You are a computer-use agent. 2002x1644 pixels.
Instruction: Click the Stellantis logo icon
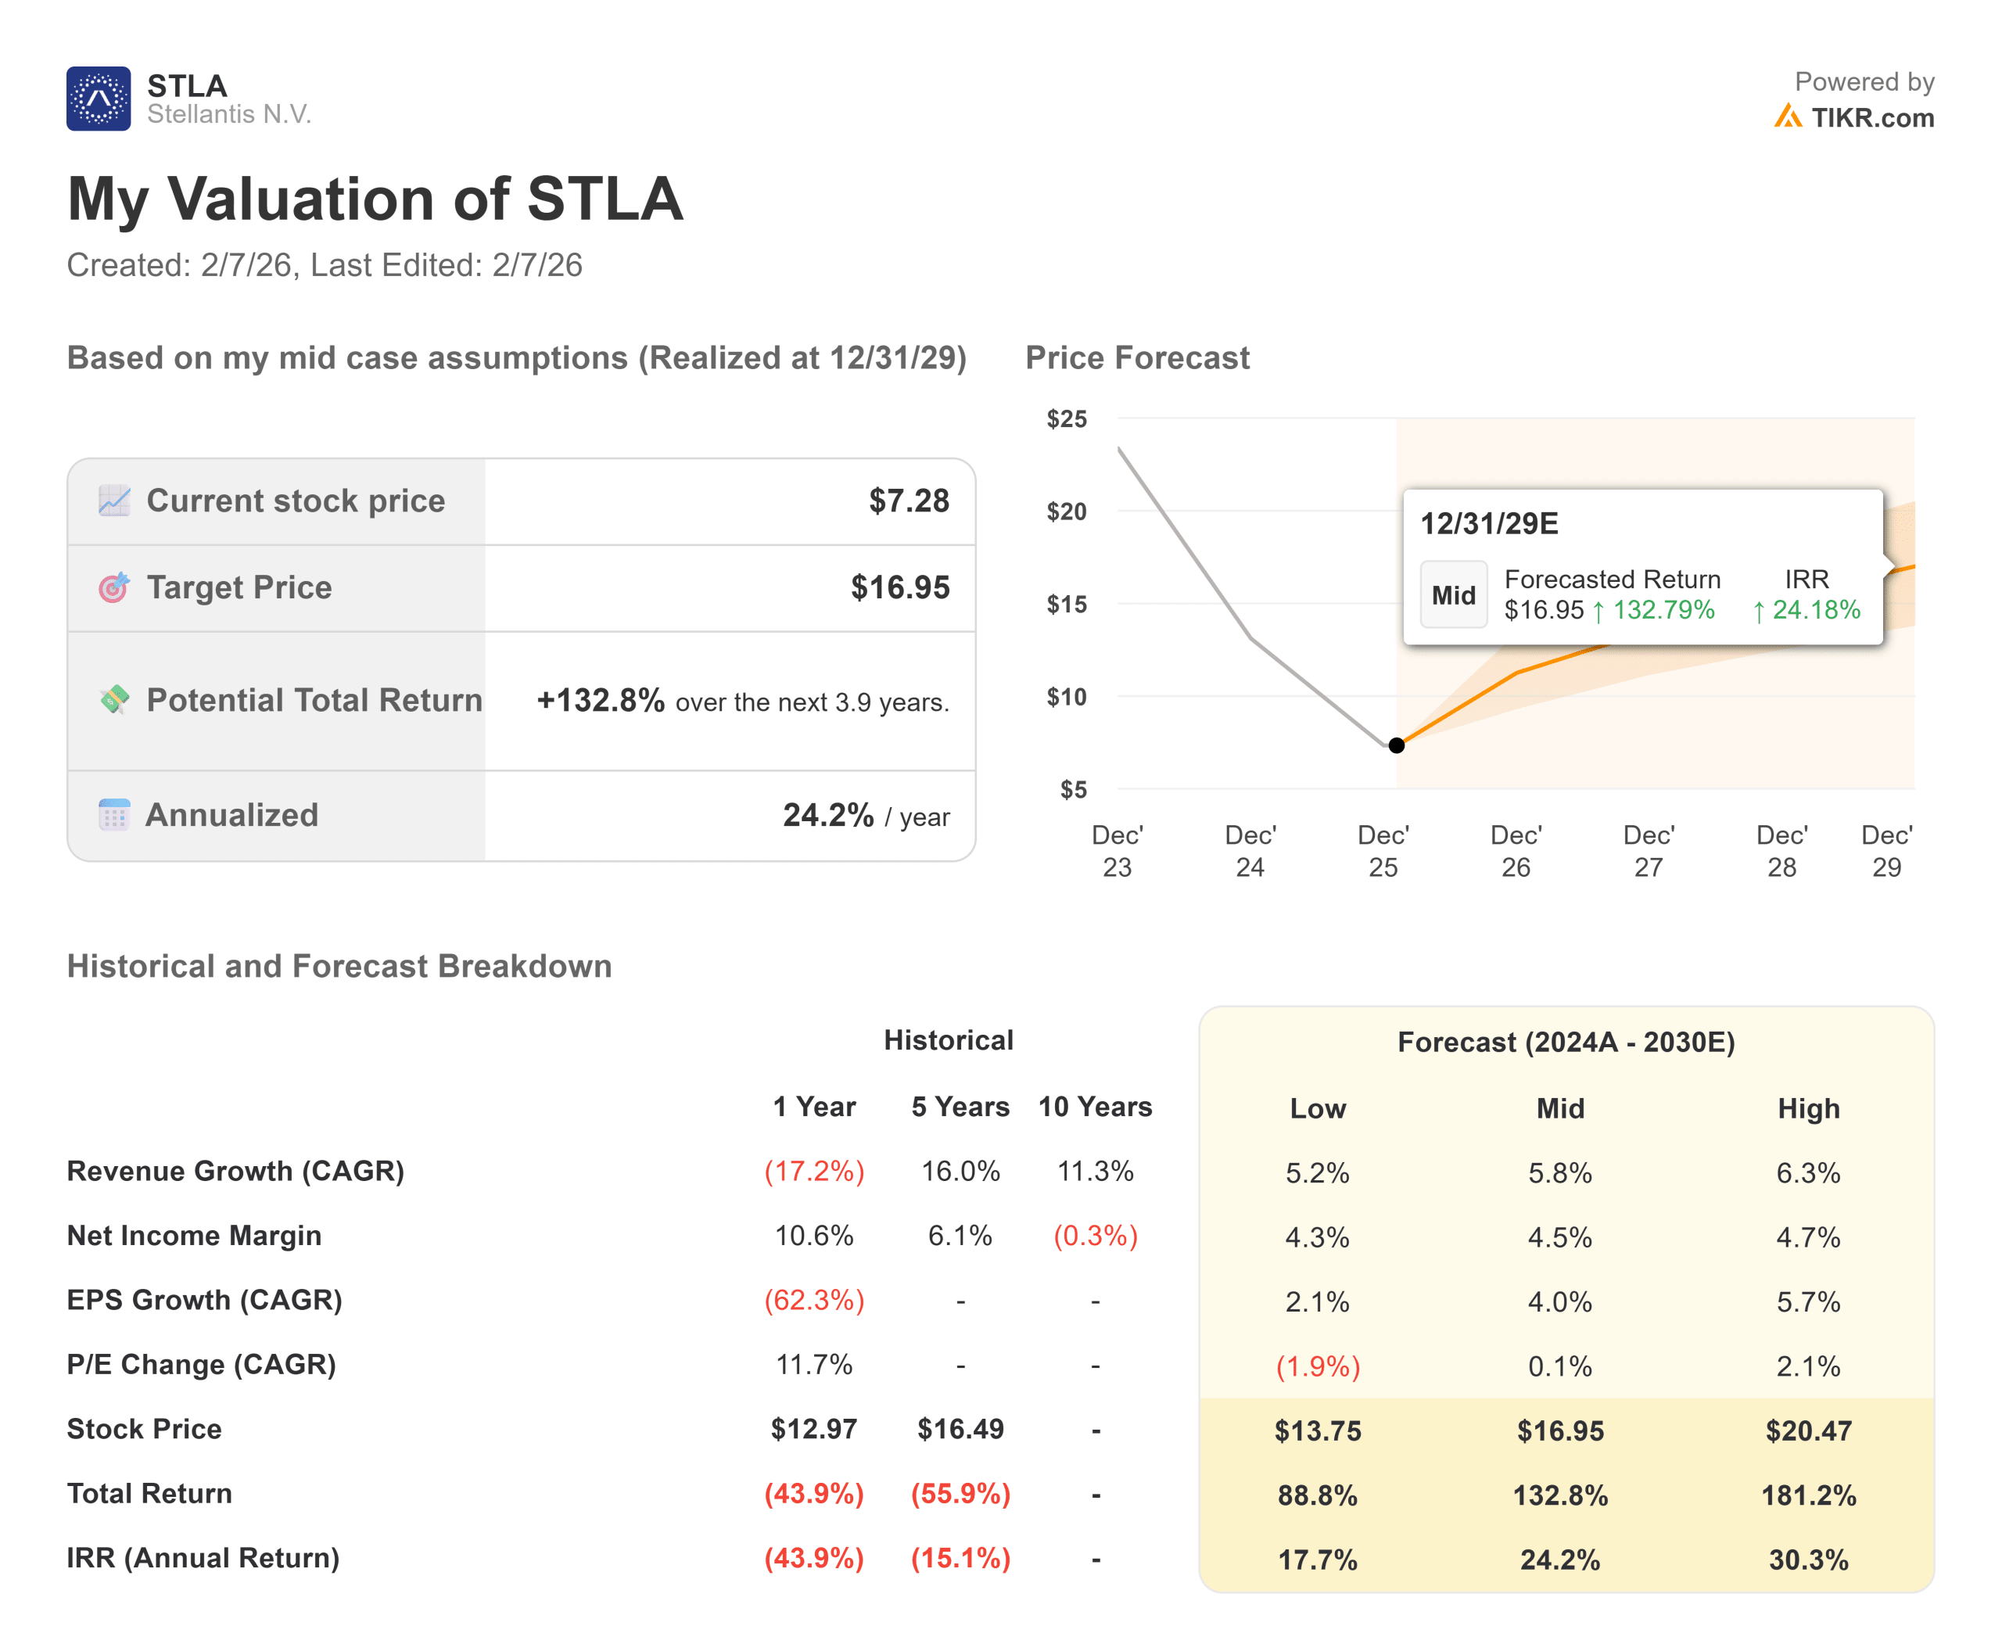98,99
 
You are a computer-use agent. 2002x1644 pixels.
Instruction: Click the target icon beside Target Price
113,587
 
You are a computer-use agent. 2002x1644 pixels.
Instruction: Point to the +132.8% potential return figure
601,700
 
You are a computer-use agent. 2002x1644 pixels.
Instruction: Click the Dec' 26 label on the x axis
1516,850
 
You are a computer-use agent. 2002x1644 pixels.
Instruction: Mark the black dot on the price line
1396,745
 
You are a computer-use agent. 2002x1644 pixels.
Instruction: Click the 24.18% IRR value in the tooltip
1815,610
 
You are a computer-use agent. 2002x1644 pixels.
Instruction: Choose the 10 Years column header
1095,1106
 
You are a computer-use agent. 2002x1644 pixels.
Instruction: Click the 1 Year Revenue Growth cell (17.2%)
814,1172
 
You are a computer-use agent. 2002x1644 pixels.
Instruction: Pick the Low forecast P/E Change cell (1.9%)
1317,1366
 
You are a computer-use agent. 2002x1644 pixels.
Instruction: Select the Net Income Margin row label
194,1236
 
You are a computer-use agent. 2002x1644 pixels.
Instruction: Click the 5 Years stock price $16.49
960,1429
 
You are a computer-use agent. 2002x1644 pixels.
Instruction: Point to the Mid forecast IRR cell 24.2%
1559,1560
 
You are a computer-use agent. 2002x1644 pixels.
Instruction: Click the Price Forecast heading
1137,358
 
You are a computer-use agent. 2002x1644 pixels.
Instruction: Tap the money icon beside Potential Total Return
113,700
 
